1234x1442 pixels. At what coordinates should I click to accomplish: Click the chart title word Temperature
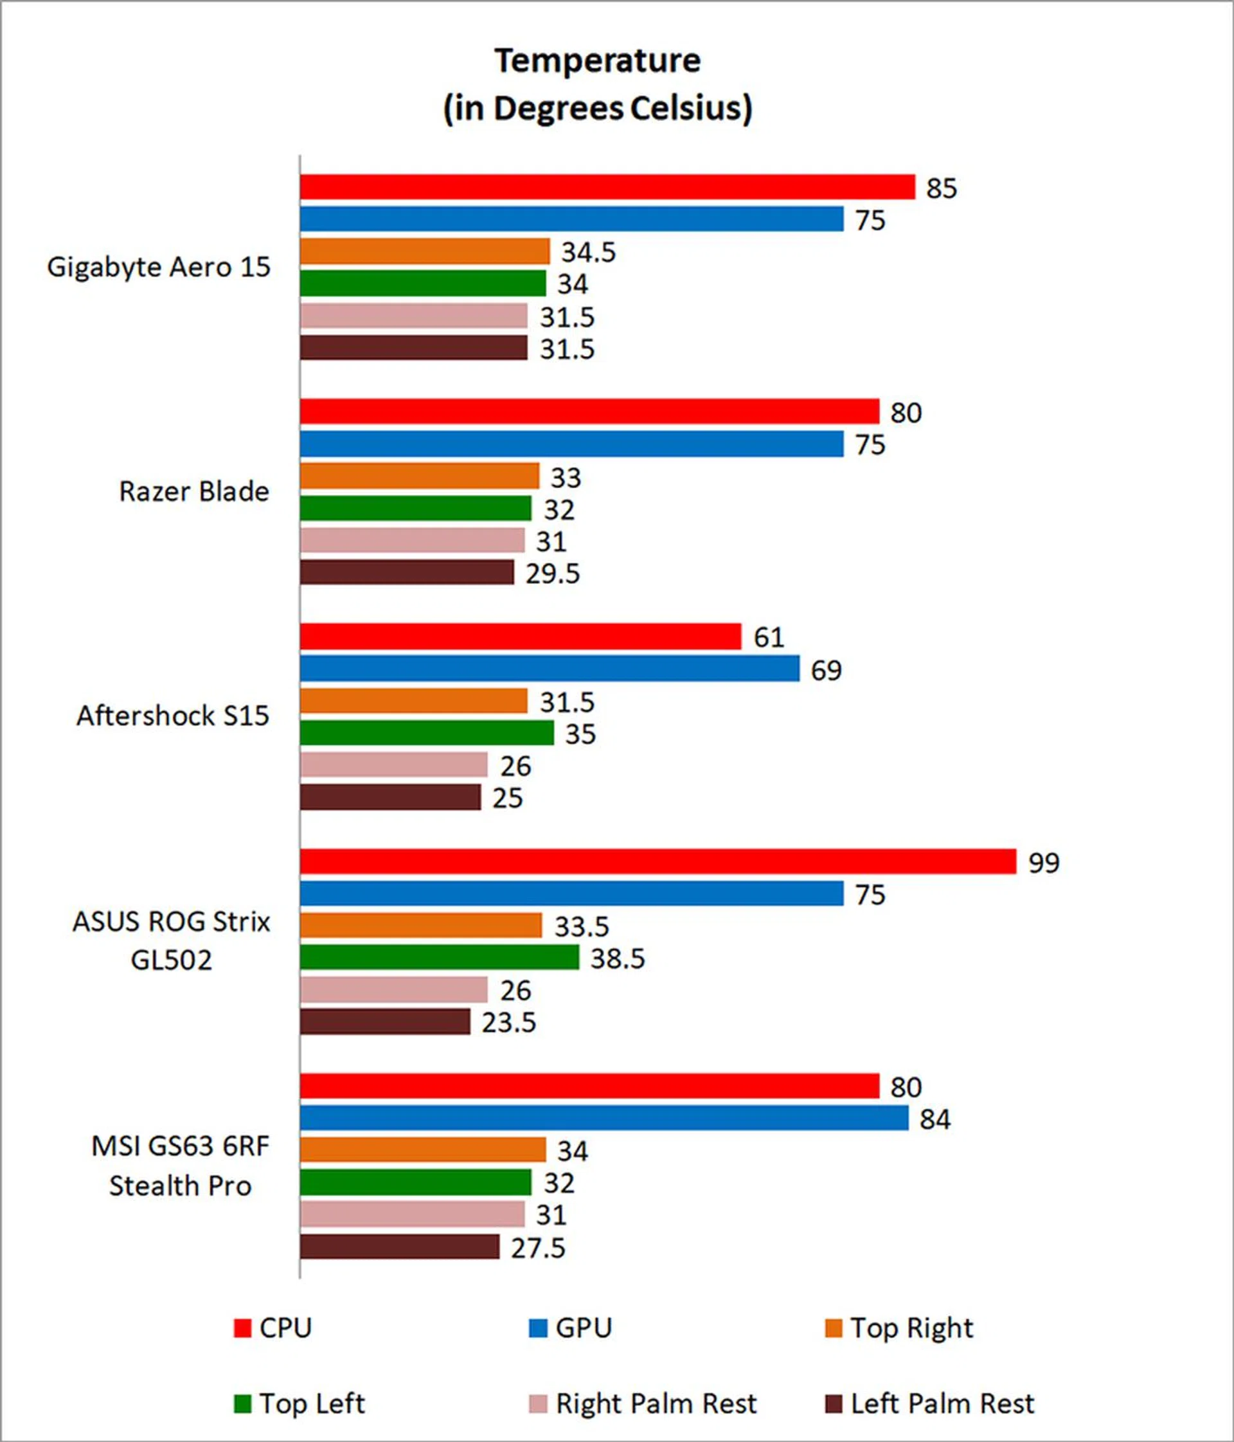[598, 61]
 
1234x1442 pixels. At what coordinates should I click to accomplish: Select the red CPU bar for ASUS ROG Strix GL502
[657, 861]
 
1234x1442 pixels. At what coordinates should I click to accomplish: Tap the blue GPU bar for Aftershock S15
[550, 669]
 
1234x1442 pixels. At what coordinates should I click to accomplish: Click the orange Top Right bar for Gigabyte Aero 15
[425, 251]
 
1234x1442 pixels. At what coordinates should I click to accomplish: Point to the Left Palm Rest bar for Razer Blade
[407, 573]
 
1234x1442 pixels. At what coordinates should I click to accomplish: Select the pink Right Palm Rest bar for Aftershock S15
[394, 765]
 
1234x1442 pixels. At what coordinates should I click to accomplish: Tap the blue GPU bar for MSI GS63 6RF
[604, 1119]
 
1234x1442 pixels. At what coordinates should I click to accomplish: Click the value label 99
[1043, 863]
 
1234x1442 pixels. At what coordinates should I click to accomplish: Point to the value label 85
[941, 188]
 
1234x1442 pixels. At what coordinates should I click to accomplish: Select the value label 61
[769, 638]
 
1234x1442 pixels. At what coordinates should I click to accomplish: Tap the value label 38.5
[617, 959]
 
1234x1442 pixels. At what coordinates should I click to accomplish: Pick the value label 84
[935, 1119]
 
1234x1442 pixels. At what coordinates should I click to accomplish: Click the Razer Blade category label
[194, 491]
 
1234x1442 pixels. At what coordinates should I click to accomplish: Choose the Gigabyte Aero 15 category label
[159, 267]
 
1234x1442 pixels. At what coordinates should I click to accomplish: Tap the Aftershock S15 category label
[172, 716]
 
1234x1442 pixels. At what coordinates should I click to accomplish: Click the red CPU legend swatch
[242, 1328]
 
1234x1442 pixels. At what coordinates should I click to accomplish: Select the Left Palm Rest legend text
[943, 1403]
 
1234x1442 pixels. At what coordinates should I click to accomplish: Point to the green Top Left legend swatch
[242, 1403]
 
